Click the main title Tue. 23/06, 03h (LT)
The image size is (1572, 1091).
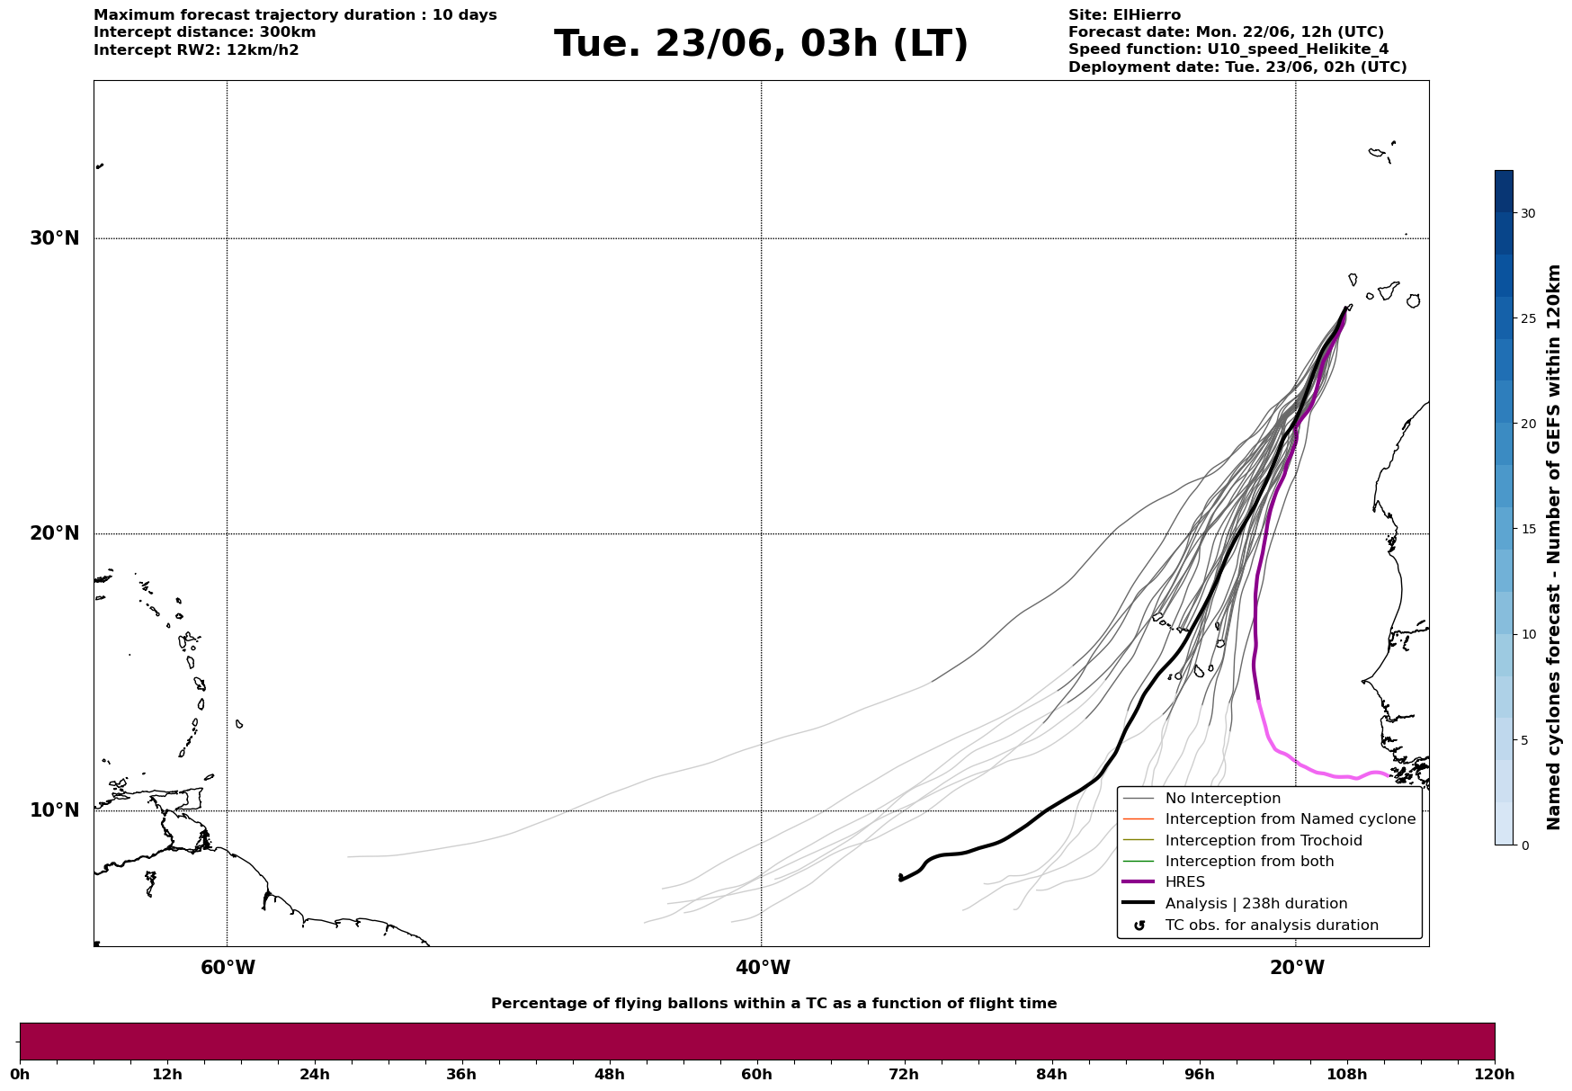pos(761,44)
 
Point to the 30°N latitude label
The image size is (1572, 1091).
pos(55,238)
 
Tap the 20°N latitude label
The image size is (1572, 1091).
pos(55,533)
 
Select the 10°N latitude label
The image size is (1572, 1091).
pos(55,810)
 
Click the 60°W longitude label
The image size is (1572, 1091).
pos(228,968)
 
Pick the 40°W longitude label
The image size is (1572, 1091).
pos(763,968)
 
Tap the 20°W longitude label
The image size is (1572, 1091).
pos(1297,968)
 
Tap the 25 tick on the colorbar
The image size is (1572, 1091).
pos(1528,318)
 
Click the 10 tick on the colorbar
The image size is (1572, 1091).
pos(1528,634)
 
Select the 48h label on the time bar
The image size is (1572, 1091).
pos(609,1074)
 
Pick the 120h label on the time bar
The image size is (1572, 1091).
pos(1495,1074)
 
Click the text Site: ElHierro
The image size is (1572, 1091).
pos(1124,15)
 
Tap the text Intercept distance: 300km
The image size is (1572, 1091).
pos(205,32)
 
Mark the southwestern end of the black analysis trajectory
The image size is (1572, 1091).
pos(900,880)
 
